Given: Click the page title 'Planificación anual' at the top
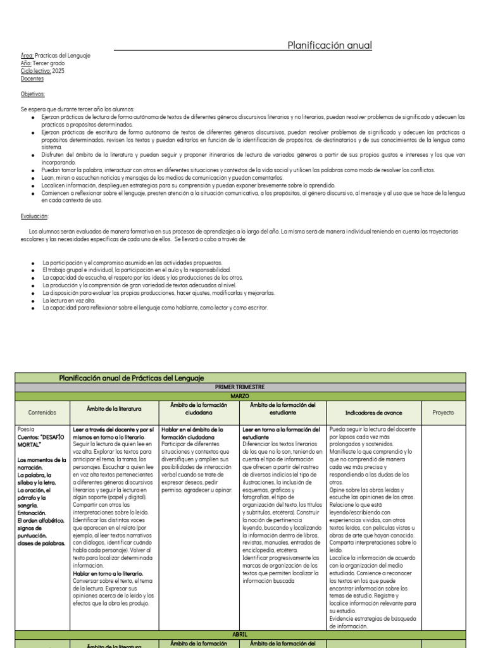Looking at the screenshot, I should point(330,46).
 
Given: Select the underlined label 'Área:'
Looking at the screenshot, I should point(27,56).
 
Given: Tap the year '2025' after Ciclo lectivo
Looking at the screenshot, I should point(58,71).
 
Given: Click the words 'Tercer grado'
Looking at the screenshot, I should point(49,63).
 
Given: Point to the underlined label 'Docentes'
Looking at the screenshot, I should point(32,79).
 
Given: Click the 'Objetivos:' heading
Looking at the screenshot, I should point(33,94).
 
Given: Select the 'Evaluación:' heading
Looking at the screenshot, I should point(35,216).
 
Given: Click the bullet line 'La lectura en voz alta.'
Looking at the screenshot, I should point(69,301).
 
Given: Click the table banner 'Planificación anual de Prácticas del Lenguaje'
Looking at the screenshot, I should point(132,378).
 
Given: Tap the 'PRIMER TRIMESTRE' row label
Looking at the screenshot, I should point(240,387).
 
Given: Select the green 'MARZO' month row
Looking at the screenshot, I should point(240,396).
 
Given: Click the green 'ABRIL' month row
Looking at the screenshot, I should point(240,634).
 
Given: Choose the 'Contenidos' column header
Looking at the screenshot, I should point(42,412).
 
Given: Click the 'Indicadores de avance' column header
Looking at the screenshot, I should point(373,412).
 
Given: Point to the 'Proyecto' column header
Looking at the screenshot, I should point(443,412).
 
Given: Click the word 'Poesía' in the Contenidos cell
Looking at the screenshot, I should point(27,429).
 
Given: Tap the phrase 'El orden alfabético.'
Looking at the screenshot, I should point(41,520).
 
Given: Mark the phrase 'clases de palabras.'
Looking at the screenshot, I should point(41,543).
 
